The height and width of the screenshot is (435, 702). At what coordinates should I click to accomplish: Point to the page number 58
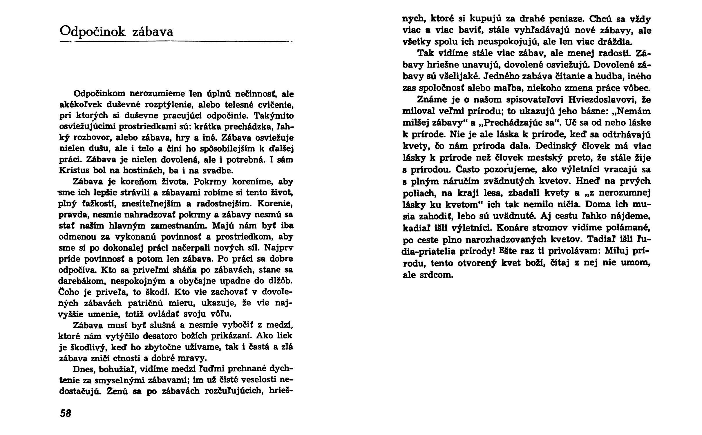65,413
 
